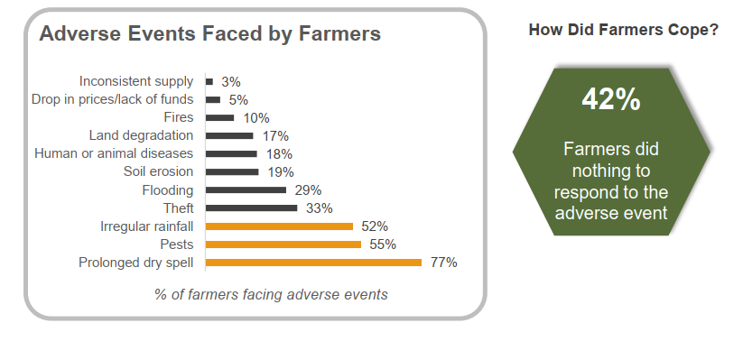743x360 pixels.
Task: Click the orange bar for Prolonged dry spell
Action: (313, 263)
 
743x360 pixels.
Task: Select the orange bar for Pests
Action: (283, 245)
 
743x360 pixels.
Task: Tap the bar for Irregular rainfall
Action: (279, 226)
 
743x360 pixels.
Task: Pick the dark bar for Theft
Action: (251, 208)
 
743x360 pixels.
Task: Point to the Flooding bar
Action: (246, 190)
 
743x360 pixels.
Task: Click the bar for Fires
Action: (220, 117)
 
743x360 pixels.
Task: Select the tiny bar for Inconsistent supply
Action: (209, 81)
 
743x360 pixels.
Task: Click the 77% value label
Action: (443, 263)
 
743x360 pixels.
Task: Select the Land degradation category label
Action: (141, 135)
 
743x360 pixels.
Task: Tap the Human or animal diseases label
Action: (114, 153)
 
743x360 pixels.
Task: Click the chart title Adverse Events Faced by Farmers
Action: (209, 34)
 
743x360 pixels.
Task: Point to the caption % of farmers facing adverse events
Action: (271, 294)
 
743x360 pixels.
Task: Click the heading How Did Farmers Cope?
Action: (623, 30)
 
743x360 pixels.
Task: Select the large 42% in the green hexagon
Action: (611, 99)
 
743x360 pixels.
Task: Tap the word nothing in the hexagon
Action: (611, 169)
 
